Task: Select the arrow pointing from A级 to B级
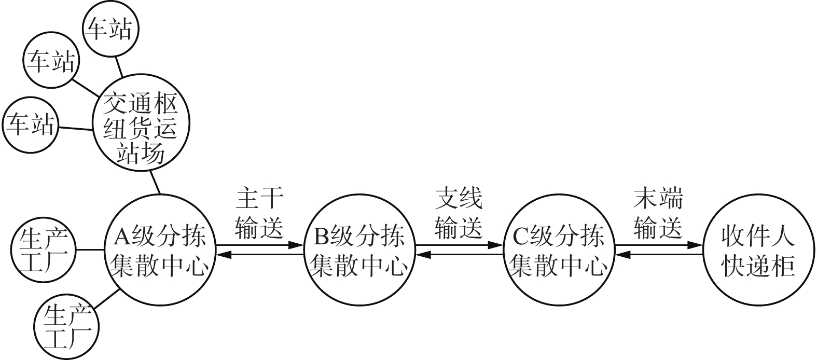point(260,245)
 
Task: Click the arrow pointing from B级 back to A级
point(260,255)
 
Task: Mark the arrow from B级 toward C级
point(459,245)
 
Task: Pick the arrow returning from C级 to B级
point(459,255)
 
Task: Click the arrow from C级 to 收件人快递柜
point(659,245)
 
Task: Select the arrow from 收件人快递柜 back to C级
point(659,255)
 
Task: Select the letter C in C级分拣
point(521,237)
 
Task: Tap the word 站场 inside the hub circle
point(141,154)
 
